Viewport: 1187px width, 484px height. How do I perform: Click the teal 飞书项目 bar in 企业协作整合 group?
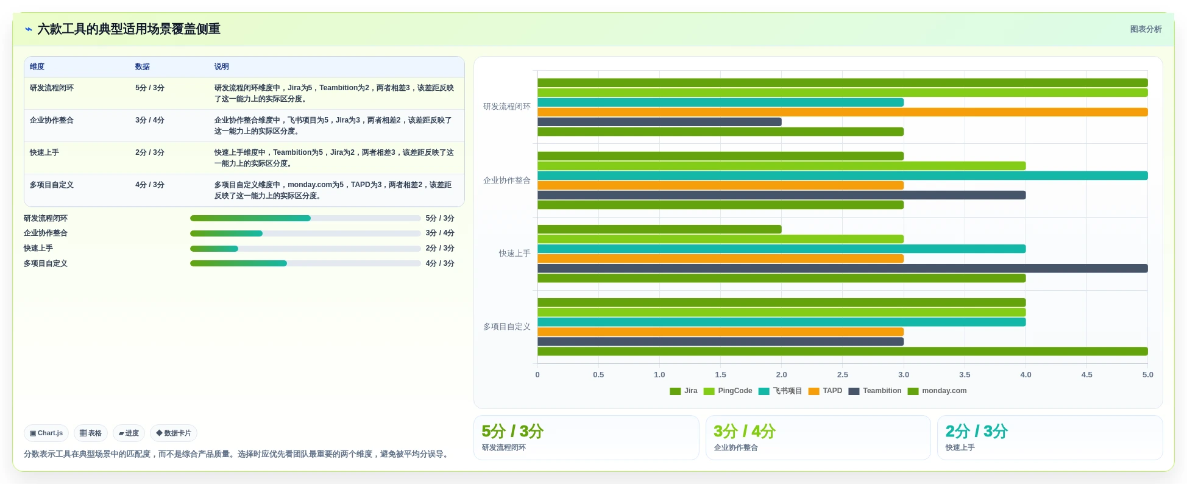[842, 176]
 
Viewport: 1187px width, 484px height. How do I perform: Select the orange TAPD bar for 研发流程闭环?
[842, 112]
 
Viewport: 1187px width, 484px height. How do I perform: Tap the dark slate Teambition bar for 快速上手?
[842, 268]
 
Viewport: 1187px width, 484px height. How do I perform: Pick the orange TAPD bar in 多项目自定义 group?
[720, 332]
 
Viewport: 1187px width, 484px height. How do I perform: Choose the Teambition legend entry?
[875, 391]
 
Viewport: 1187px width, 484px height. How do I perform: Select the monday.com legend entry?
[937, 391]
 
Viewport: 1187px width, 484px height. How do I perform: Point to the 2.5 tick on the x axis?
[843, 375]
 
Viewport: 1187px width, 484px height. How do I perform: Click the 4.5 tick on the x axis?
[1087, 375]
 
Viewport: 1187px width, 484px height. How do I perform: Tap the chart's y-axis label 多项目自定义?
[507, 327]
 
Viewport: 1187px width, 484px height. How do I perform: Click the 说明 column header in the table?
[222, 66]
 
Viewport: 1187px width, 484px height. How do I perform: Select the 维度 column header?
[37, 66]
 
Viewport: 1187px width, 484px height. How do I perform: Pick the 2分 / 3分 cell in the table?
[150, 152]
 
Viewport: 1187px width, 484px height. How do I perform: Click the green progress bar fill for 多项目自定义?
[238, 263]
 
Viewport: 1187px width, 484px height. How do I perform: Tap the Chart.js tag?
[46, 433]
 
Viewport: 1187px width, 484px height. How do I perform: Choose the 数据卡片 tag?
[174, 433]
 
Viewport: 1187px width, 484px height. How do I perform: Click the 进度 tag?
[129, 433]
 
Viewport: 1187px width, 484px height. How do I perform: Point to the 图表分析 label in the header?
[1146, 29]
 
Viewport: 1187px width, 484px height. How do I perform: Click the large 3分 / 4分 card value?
[744, 432]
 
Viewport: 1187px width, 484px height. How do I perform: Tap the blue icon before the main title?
[29, 29]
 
